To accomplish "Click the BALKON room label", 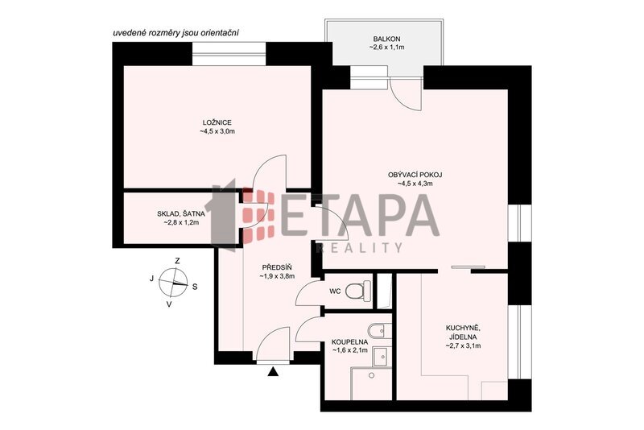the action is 386,39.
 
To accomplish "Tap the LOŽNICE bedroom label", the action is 217,122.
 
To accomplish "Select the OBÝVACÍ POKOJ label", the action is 415,175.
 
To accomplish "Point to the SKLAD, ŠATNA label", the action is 180,213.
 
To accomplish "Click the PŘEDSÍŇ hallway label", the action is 277,267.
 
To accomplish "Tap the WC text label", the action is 335,291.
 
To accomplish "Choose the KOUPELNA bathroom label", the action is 349,341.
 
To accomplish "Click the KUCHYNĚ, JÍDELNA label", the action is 463,333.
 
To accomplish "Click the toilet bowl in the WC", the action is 357,291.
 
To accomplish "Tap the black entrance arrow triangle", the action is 273,372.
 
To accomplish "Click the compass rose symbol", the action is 173,282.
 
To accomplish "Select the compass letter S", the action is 195,287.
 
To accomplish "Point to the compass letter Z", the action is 177,261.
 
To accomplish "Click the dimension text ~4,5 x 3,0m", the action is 217,132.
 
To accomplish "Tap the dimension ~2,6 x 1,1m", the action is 386,48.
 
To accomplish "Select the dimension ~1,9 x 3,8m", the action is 277,276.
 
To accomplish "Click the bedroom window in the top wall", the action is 229,54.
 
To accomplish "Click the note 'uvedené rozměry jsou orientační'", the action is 175,33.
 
